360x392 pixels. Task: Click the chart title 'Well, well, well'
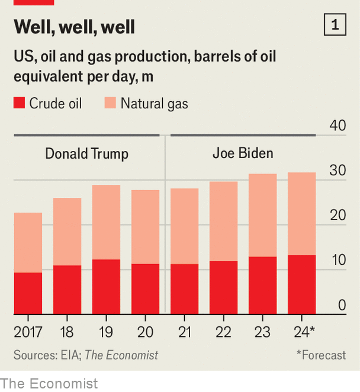pos(74,27)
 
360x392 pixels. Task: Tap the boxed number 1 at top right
pos(335,25)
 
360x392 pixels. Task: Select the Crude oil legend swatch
pos(19,104)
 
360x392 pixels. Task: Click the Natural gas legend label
pos(154,104)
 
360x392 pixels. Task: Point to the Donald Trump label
pos(86,154)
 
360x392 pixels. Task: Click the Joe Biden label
pos(243,153)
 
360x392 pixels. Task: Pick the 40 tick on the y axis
pos(337,126)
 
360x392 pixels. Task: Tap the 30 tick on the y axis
pos(337,171)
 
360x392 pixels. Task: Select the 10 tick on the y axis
pos(337,261)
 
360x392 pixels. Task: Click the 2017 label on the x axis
pos(28,332)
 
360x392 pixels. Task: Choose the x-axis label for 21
pos(184,332)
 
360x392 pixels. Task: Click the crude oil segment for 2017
pos(28,293)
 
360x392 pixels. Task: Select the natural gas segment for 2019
pos(106,222)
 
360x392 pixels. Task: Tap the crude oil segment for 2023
pos(262,285)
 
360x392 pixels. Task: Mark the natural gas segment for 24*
pos(301,213)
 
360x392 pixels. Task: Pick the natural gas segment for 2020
pos(145,226)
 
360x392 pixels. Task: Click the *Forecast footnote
pos(321,355)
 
